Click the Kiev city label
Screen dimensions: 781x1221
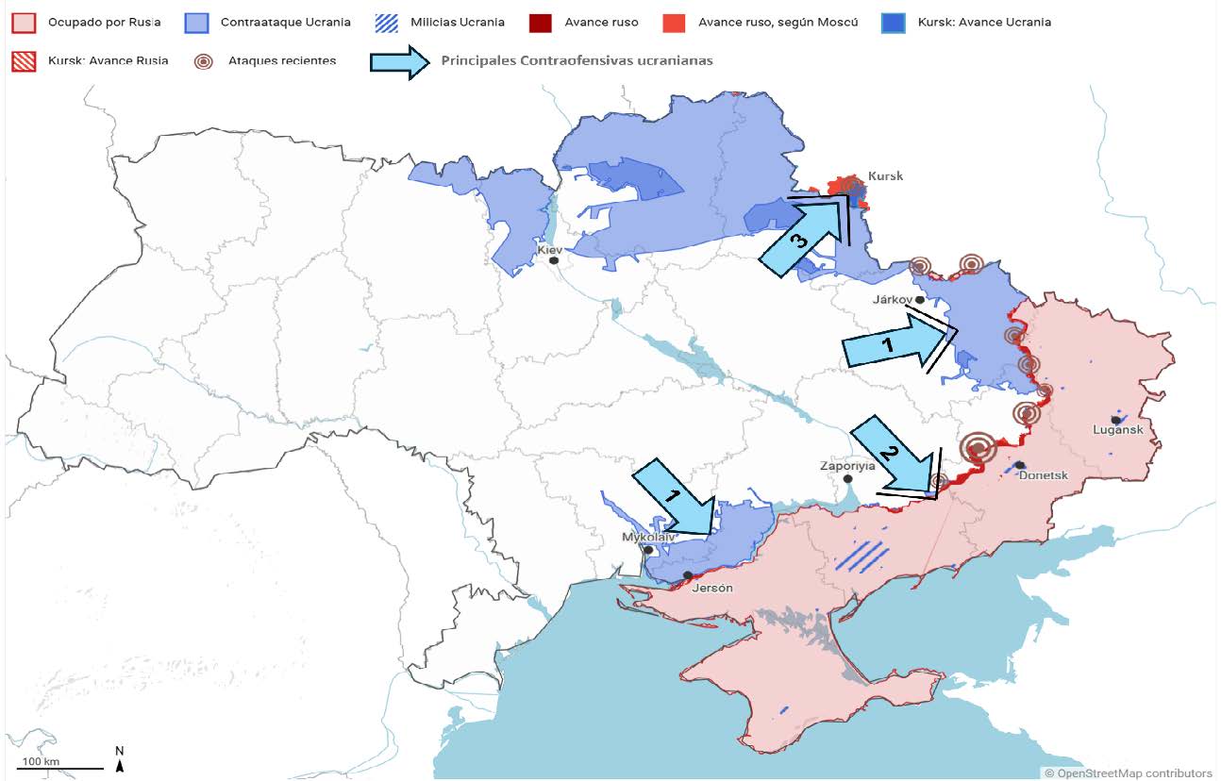[x=549, y=250]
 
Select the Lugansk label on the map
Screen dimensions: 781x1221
[x=1117, y=430]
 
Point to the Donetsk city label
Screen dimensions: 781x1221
[x=1043, y=475]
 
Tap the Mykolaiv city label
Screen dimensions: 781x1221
[x=648, y=537]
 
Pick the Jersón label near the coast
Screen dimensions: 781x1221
[x=711, y=588]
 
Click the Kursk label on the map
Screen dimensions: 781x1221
[x=885, y=176]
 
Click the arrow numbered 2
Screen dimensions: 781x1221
[x=893, y=458]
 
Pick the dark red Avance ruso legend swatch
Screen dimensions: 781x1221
[x=541, y=22]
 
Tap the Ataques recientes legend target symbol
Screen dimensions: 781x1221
[x=203, y=60]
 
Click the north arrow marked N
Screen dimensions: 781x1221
[x=120, y=759]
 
